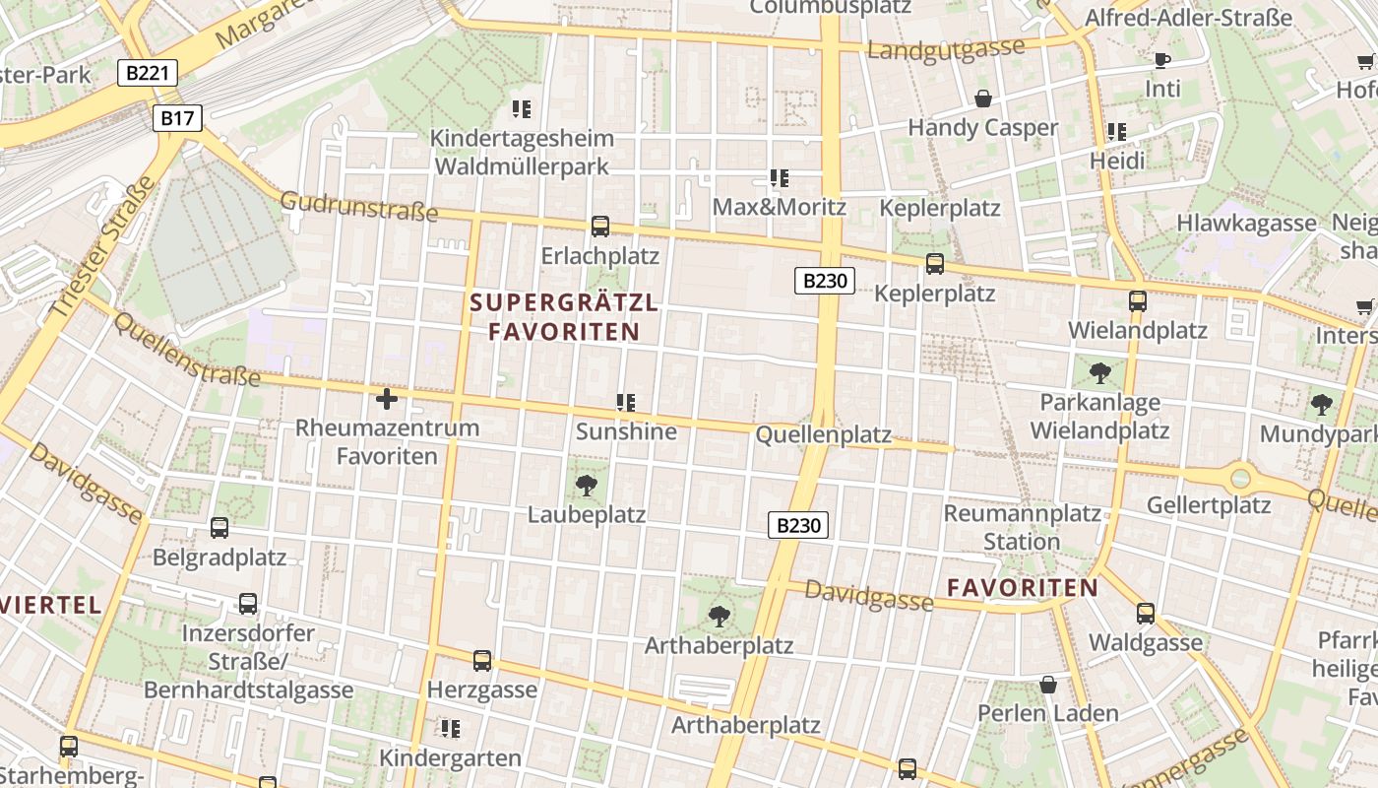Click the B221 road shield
148,72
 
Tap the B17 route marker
178,119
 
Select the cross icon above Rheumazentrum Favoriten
387,399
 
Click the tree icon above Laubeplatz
587,485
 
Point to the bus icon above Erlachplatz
600,227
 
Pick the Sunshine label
626,431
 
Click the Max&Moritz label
779,207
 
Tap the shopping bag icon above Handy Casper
982,98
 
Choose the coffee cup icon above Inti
1162,60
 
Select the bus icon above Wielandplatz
1138,300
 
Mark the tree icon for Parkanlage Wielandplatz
1100,373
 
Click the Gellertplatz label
1209,506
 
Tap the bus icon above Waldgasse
1146,614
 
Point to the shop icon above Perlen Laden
1048,684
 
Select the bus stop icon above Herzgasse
482,660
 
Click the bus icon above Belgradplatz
219,528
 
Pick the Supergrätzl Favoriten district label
564,316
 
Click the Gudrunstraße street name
358,207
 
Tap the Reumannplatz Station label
1022,527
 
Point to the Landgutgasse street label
946,48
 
